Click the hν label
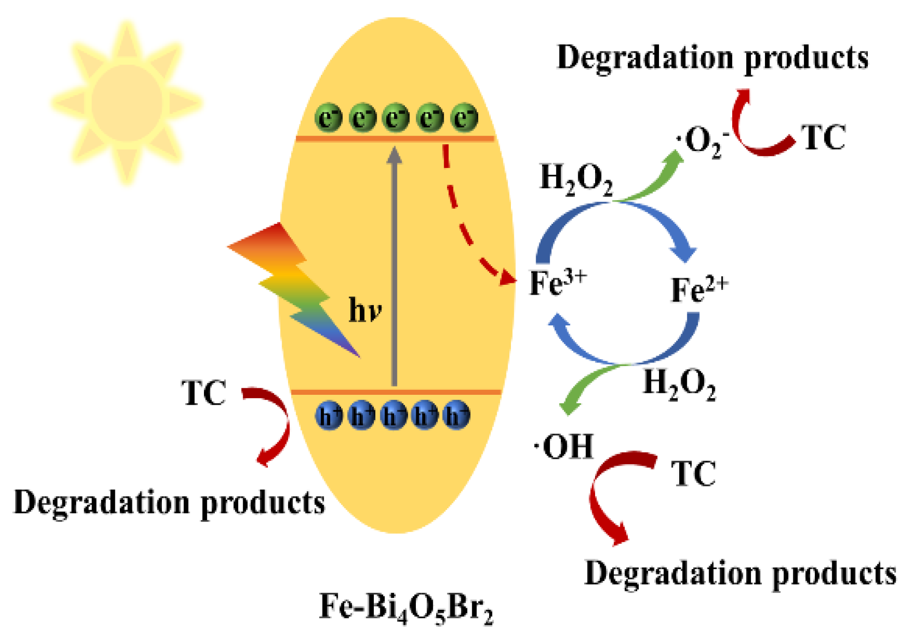365,311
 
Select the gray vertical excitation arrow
394,267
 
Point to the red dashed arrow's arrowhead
507,278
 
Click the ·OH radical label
564,446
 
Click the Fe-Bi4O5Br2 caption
406,607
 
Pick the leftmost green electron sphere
328,117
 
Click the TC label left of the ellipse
204,393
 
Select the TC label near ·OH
693,474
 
